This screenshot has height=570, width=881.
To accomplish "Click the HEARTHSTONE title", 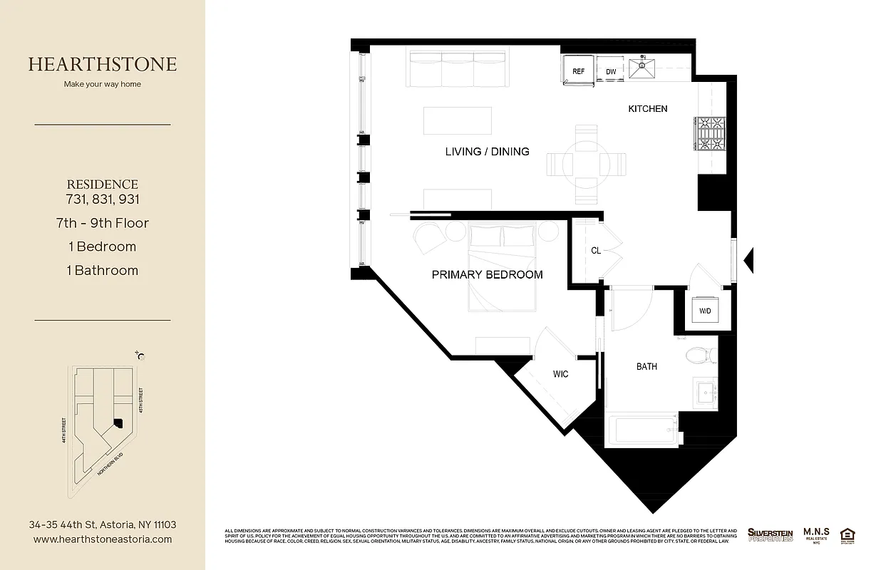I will [x=103, y=64].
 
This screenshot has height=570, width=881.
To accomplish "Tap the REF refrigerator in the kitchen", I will [x=579, y=71].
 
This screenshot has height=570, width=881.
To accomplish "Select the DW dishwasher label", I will [x=611, y=72].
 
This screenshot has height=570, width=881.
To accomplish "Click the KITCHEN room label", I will [x=647, y=109].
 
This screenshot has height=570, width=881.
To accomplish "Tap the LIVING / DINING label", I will [x=487, y=151].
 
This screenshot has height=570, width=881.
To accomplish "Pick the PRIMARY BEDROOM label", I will [x=487, y=274].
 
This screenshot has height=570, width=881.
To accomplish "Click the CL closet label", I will [x=596, y=251].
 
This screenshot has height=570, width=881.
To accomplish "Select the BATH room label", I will [x=646, y=367].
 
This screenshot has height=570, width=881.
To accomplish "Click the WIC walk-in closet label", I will [x=561, y=374].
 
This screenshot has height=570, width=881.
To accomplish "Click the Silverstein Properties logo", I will [x=770, y=534].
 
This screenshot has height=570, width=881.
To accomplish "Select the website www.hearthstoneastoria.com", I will [x=103, y=539].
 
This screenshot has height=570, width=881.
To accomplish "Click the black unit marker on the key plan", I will [x=118, y=423].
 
